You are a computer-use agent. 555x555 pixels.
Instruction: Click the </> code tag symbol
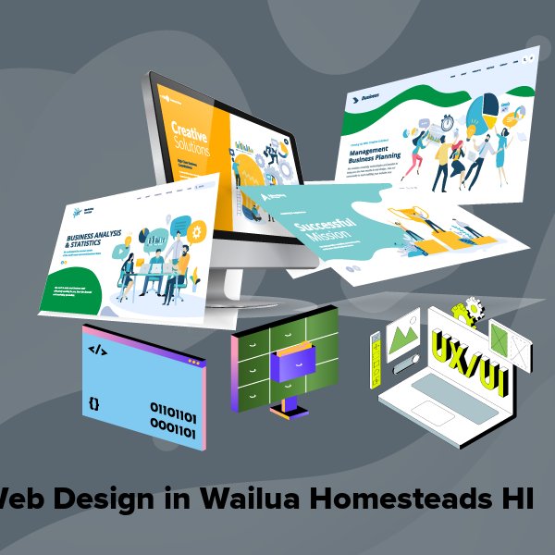pyautogui.click(x=96, y=350)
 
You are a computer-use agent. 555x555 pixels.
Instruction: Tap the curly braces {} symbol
pyautogui.click(x=93, y=403)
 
